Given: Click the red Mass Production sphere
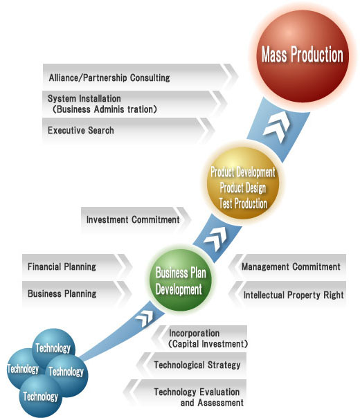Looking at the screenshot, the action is point(303,56).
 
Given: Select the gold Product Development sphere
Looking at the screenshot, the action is point(243,183).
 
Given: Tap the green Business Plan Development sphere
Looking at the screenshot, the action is point(181,280).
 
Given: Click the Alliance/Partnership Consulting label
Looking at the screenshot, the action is point(109,78).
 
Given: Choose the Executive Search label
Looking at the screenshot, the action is point(81,130).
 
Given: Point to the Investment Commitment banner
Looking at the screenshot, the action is point(136,219).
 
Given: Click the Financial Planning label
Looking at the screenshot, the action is point(62,267).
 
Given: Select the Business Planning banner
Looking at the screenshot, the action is point(77,293).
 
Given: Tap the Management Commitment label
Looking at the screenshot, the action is point(291,267).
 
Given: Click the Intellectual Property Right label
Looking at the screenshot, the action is point(294,295).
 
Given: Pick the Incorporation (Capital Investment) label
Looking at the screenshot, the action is point(208,338).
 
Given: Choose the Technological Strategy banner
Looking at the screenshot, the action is point(191,365).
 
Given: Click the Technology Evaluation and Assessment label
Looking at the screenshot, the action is point(199,397).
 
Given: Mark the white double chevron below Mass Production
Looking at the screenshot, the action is point(276,127).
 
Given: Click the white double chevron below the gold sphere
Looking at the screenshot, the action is point(215,238).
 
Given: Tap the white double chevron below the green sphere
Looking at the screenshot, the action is point(145,318).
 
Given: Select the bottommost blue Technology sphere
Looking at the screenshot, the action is point(41,397).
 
